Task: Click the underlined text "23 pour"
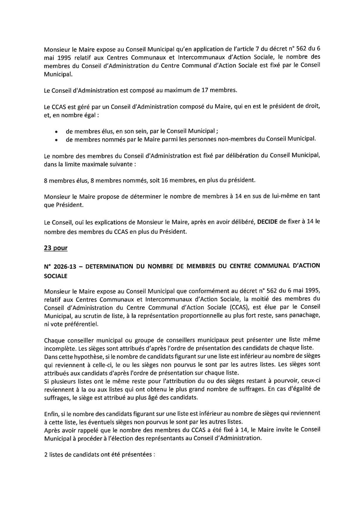[x=55, y=248]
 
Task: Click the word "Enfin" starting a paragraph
[x=51, y=413]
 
